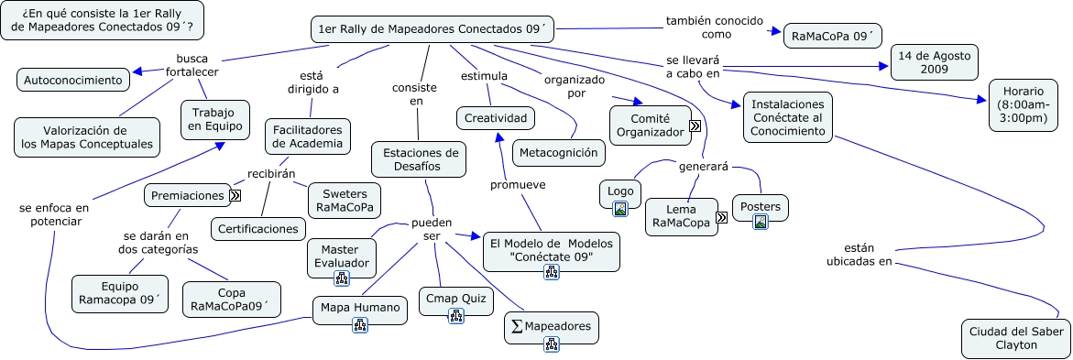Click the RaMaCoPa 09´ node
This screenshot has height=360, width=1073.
832,35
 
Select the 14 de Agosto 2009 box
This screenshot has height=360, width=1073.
934,61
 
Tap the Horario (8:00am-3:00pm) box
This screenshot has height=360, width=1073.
1023,104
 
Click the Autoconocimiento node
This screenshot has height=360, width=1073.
73,80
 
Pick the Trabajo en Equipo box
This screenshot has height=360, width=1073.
214,119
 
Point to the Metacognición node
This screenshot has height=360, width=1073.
558,153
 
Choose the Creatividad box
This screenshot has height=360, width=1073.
496,118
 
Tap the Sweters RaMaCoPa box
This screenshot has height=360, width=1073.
345,201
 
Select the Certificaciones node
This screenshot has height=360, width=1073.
258,229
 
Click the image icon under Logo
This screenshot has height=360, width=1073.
620,209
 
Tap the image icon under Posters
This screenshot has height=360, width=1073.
760,222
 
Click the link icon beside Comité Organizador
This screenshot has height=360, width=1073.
695,125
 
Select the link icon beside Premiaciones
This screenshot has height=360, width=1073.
235,196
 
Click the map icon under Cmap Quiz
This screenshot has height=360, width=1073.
455,315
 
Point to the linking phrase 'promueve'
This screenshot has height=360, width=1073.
518,185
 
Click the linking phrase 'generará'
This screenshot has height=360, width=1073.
703,167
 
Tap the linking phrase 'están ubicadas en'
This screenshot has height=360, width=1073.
859,254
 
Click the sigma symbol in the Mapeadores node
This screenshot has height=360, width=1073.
517,326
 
